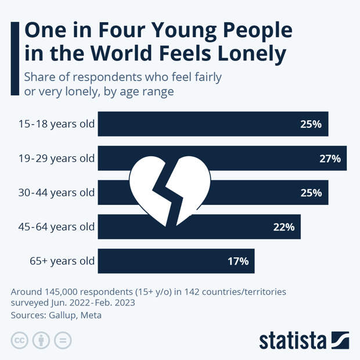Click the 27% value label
[330, 159]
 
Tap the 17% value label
[238, 261]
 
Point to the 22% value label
[285, 227]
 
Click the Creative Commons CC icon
[20, 341]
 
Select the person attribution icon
[41, 341]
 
